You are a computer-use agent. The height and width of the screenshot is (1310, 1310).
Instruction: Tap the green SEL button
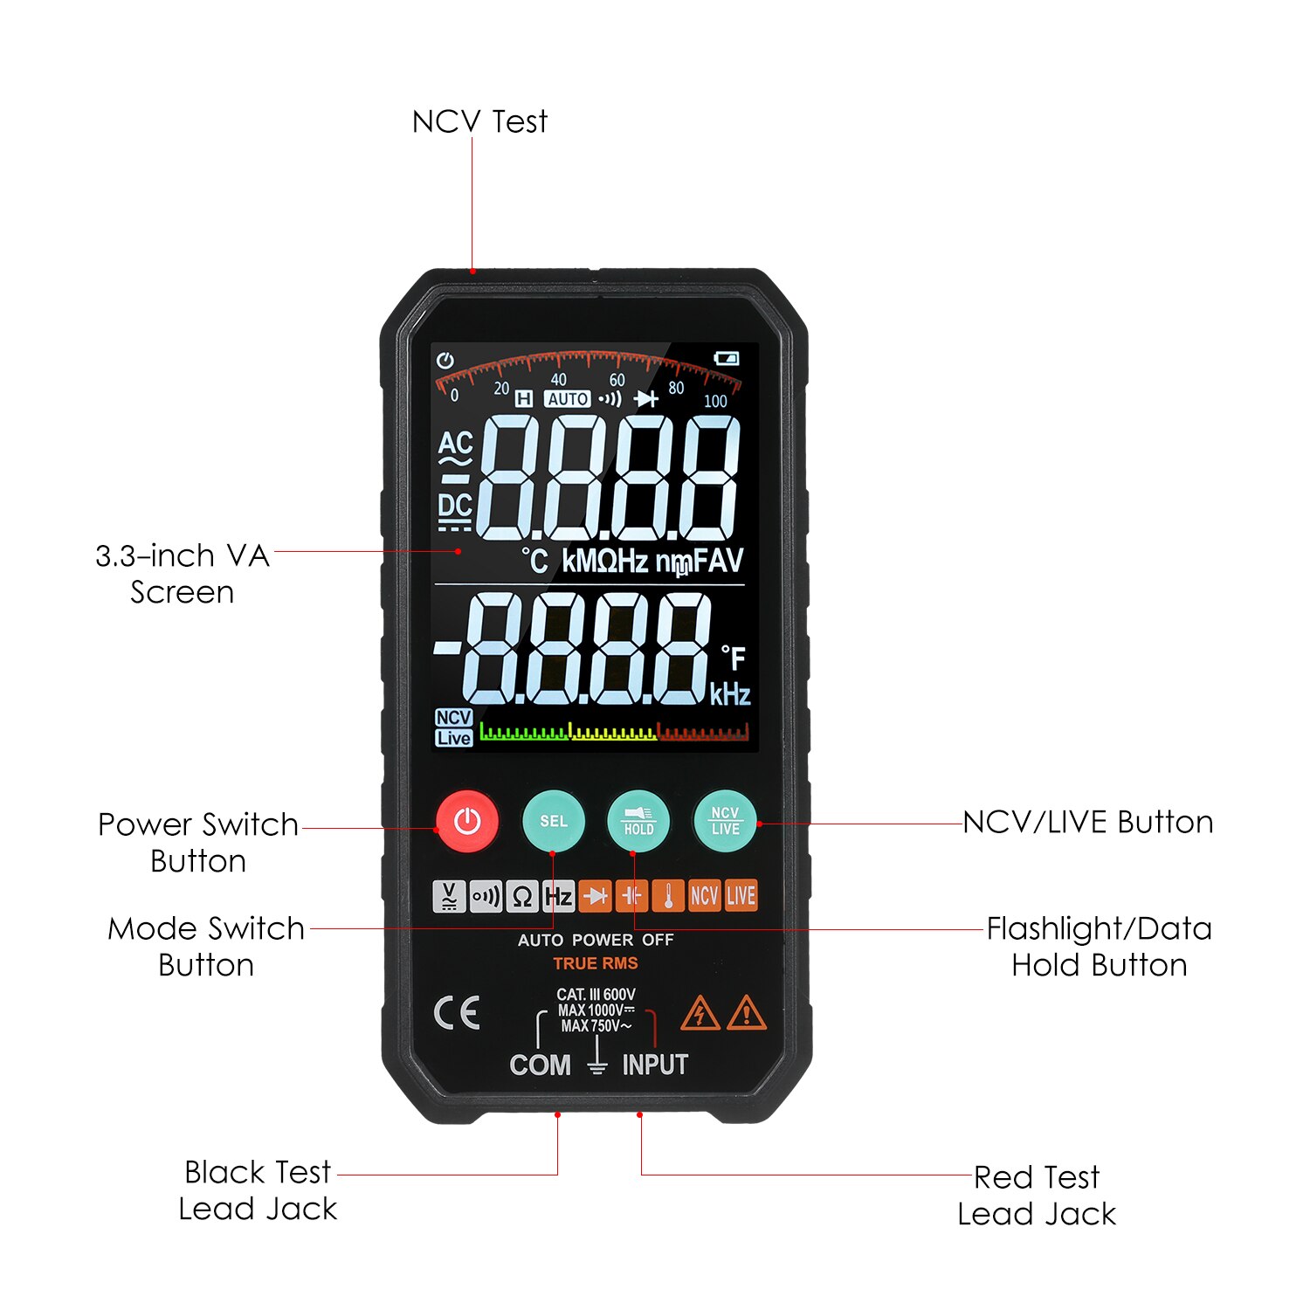553,821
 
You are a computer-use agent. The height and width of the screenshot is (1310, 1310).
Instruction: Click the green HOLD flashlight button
638,821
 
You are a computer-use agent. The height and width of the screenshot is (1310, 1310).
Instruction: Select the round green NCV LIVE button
725,821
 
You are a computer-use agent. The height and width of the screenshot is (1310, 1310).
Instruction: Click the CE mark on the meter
457,1013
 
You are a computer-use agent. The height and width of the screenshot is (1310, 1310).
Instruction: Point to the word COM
540,1065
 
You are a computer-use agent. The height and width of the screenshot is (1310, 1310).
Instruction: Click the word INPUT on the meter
655,1065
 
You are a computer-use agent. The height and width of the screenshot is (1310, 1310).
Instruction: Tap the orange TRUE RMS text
596,963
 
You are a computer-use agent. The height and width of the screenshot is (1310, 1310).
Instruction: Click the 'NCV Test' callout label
479,121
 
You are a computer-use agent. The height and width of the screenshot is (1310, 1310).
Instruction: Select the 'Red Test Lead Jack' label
1037,1196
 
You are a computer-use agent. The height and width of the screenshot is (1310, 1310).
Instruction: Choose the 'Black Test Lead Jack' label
258,1190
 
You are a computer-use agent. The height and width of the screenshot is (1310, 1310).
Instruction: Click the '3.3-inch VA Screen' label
183,574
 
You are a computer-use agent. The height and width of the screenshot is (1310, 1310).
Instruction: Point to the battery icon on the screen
727,358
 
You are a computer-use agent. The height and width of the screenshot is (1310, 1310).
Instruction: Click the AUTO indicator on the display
568,399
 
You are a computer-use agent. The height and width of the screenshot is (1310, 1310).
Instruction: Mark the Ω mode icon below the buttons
522,896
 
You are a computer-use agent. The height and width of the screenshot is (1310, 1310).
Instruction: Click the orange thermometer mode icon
669,896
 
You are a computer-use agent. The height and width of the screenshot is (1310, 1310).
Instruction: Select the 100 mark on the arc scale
715,401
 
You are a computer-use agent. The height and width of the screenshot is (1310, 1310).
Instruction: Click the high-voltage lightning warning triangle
700,1013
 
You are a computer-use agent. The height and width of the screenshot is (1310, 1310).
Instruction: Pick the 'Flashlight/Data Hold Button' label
1100,947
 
